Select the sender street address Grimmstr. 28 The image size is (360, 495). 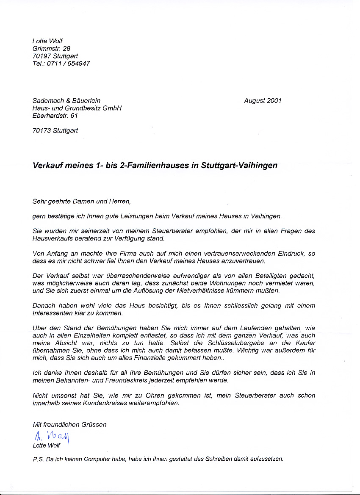[x=52, y=49]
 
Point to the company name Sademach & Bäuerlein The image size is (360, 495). [x=66, y=101]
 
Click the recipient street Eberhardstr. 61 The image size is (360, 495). [x=55, y=116]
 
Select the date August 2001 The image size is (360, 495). [x=263, y=101]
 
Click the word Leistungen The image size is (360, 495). [x=120, y=216]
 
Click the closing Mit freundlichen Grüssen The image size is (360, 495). [x=69, y=424]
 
